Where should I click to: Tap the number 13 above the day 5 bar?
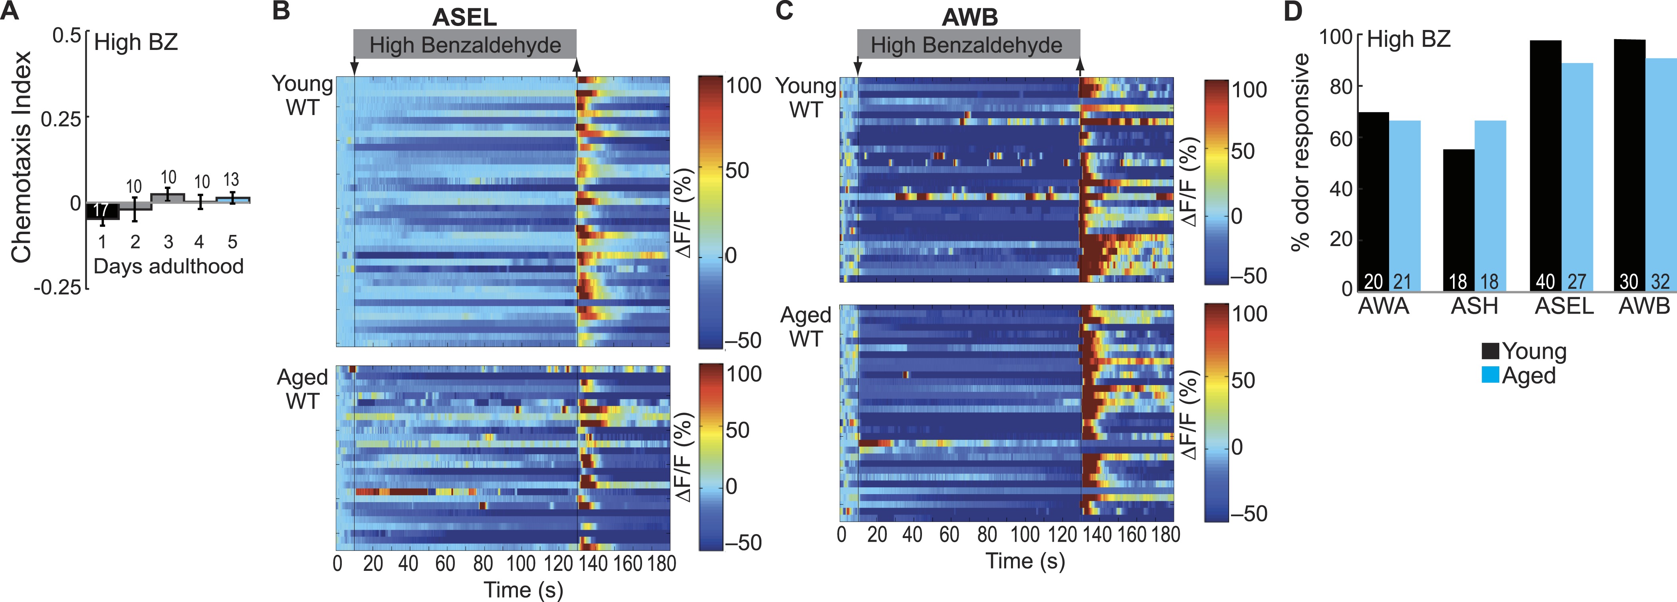(x=231, y=180)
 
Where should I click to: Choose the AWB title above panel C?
(x=969, y=17)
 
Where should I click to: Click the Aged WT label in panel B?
(x=302, y=389)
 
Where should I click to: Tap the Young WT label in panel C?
(x=805, y=98)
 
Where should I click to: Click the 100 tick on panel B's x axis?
(x=520, y=564)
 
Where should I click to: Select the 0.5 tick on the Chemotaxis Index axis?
(x=66, y=35)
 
